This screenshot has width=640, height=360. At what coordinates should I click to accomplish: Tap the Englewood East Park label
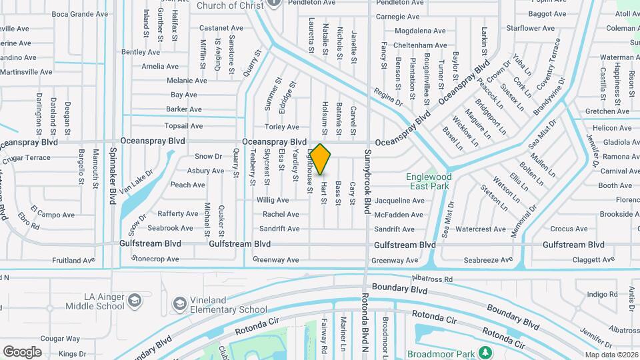click(x=429, y=182)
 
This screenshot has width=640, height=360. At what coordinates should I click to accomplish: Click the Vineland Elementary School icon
click(x=179, y=304)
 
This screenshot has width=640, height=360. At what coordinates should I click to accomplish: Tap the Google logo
click(x=22, y=351)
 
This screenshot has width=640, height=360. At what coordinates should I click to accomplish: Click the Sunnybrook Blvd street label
click(x=367, y=181)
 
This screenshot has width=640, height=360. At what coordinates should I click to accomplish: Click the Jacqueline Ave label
click(x=399, y=200)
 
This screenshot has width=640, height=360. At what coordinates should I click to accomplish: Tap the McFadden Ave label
click(x=399, y=215)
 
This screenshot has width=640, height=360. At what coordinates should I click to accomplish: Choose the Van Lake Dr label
click(x=139, y=181)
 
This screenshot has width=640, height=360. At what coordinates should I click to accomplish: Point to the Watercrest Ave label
click(x=481, y=229)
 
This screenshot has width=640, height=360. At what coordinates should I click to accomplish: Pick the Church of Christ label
click(x=226, y=6)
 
